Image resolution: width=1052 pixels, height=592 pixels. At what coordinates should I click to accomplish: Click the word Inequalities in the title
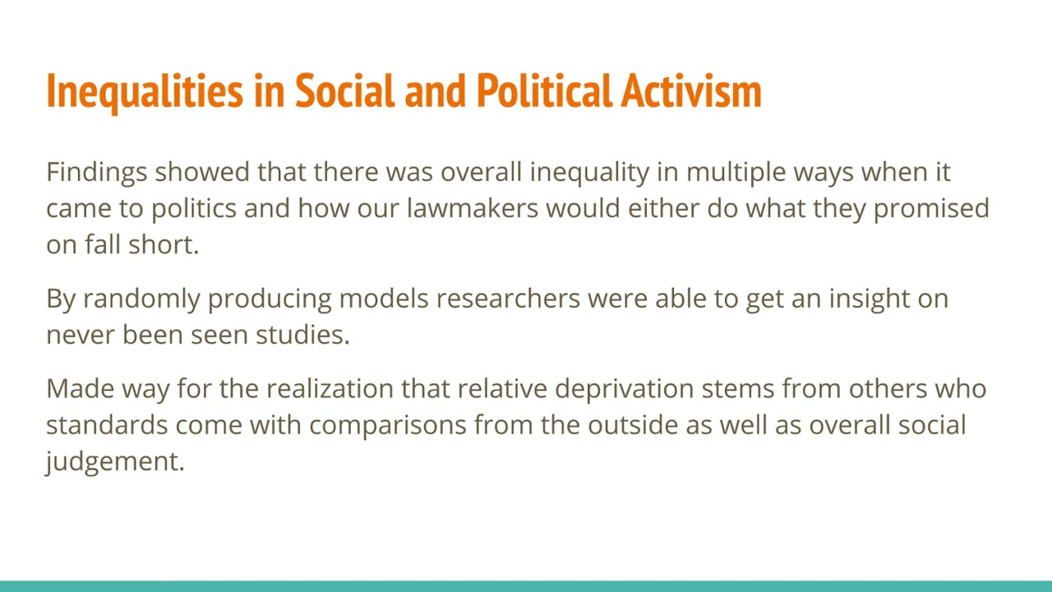(x=145, y=91)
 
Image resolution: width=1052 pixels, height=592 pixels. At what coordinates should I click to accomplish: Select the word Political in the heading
(x=544, y=91)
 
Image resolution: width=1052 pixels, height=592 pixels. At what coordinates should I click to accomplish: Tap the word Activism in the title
(x=691, y=91)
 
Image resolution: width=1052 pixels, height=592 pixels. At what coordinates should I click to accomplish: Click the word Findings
(x=96, y=172)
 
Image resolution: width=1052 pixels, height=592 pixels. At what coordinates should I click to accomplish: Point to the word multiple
(x=736, y=172)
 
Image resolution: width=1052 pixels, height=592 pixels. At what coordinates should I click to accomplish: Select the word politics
(x=193, y=208)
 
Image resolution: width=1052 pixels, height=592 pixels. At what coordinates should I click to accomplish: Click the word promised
(x=931, y=208)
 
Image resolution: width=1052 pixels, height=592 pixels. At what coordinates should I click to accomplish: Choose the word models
(x=383, y=298)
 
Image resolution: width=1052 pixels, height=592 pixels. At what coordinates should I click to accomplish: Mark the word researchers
(x=508, y=298)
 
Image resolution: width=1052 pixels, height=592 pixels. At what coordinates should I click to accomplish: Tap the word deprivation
(x=624, y=389)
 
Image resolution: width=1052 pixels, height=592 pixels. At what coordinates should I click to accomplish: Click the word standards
(x=107, y=425)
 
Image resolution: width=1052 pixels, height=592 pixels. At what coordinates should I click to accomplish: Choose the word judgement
(x=115, y=461)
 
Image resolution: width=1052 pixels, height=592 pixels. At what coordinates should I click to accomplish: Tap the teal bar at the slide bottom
(x=526, y=586)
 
